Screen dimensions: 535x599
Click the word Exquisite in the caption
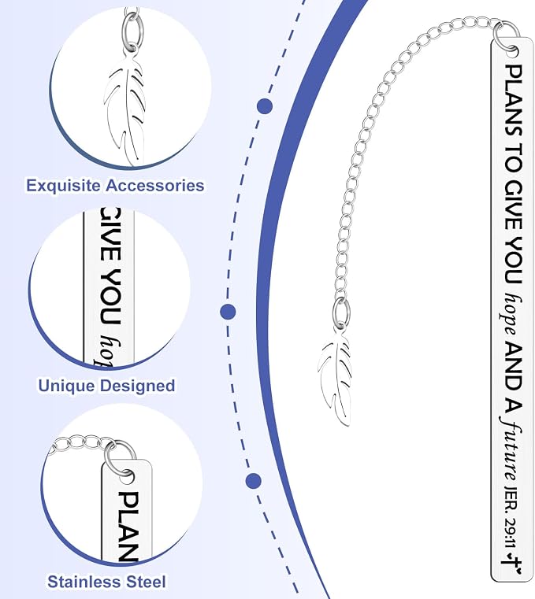(x=64, y=186)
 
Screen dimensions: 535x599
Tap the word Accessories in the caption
(x=155, y=185)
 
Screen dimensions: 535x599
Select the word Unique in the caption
(x=66, y=386)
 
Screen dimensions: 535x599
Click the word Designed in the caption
(x=136, y=386)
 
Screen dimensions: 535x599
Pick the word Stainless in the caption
(x=83, y=582)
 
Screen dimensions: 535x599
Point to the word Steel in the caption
(x=143, y=582)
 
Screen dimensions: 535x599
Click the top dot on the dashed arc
(x=265, y=106)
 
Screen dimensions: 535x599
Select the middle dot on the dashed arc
(x=228, y=312)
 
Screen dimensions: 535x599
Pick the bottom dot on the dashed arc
(x=254, y=480)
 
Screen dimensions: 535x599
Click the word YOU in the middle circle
(x=111, y=295)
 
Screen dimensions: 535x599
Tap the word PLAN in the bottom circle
(x=128, y=527)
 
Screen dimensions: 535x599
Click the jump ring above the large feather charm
(x=340, y=312)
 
